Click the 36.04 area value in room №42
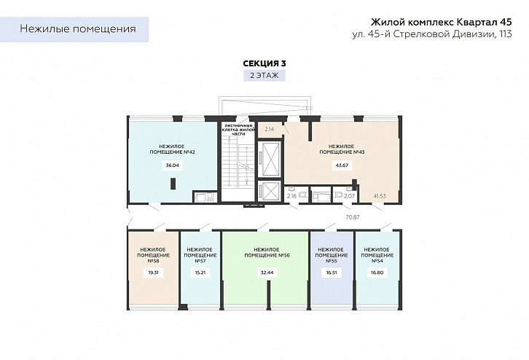coord(173,165)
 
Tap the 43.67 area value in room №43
coord(342,165)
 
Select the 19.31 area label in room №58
coord(154,273)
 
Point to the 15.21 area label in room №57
coord(200,273)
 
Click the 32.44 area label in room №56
coord(267,273)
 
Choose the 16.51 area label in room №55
coord(332,273)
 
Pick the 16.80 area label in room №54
coord(377,273)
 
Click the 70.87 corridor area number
coord(353,217)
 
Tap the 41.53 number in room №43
coord(380,196)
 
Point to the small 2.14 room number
coord(269,129)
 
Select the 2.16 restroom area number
coord(292,196)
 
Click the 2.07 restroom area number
coord(350,196)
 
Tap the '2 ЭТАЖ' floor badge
coord(264,76)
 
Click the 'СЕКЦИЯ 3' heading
coord(264,63)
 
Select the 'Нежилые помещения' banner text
coord(78,29)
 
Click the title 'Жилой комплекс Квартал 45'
coord(442,23)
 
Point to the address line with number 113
coord(432,34)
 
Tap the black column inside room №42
coord(173,184)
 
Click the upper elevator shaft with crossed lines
coord(269,159)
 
